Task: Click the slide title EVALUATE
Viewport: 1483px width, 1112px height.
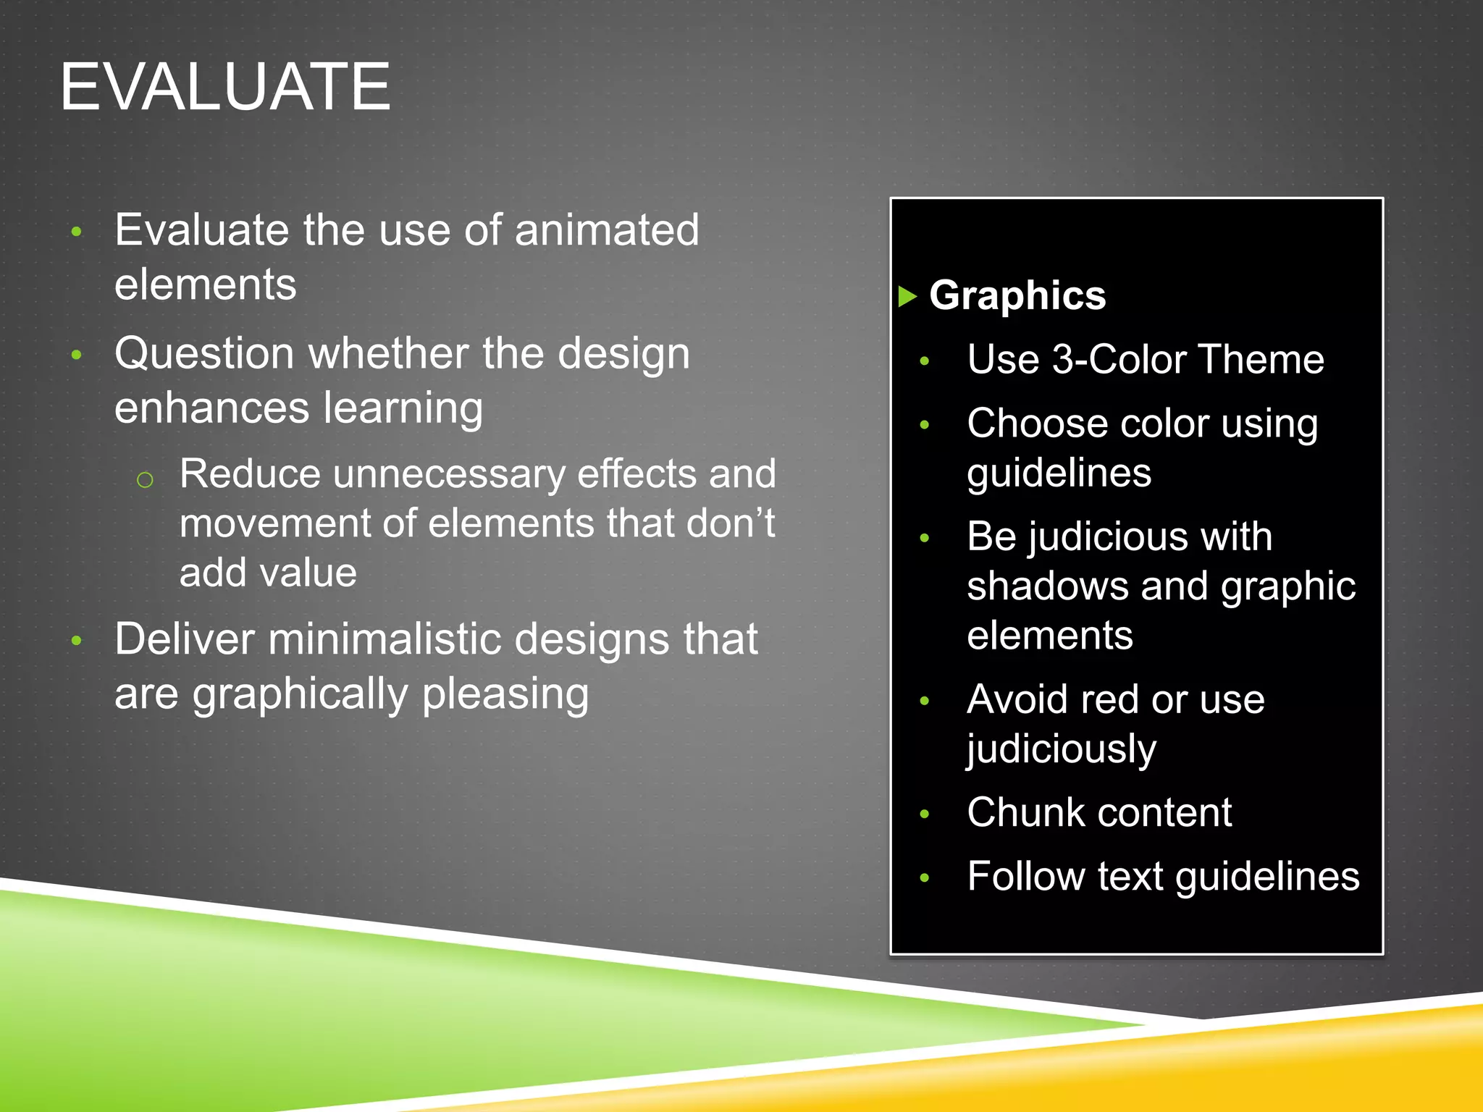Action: pyautogui.click(x=225, y=87)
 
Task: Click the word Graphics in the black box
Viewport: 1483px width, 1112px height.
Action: pyautogui.click(x=1017, y=295)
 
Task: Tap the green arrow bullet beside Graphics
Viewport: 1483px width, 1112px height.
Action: pyautogui.click(x=907, y=296)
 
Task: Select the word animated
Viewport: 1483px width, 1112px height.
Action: pyautogui.click(x=607, y=230)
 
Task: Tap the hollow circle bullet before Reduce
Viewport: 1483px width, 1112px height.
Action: pyautogui.click(x=145, y=479)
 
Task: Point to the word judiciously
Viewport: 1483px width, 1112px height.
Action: pyautogui.click(x=1061, y=749)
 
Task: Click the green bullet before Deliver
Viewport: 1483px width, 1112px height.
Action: pyautogui.click(x=77, y=640)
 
